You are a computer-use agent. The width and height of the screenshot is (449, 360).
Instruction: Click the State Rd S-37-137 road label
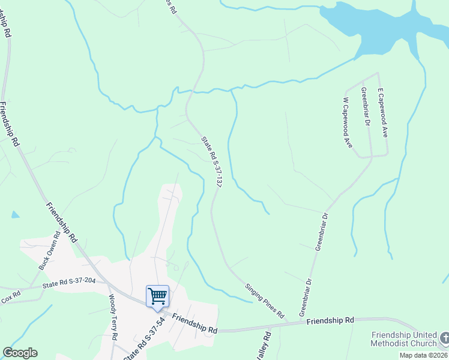(x=211, y=163)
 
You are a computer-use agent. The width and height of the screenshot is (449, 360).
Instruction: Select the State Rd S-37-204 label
(x=70, y=283)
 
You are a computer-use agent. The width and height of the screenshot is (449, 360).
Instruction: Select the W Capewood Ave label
(x=346, y=123)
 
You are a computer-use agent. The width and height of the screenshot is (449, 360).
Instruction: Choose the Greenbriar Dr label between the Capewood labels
(x=364, y=106)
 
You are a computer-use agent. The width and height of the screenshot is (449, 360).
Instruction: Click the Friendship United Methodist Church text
(x=404, y=339)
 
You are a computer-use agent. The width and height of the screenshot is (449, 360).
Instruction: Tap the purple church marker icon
(x=444, y=338)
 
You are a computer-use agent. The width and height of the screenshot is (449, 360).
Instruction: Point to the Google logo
(x=20, y=353)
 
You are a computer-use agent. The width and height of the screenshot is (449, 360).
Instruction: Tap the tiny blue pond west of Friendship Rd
(x=15, y=214)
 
